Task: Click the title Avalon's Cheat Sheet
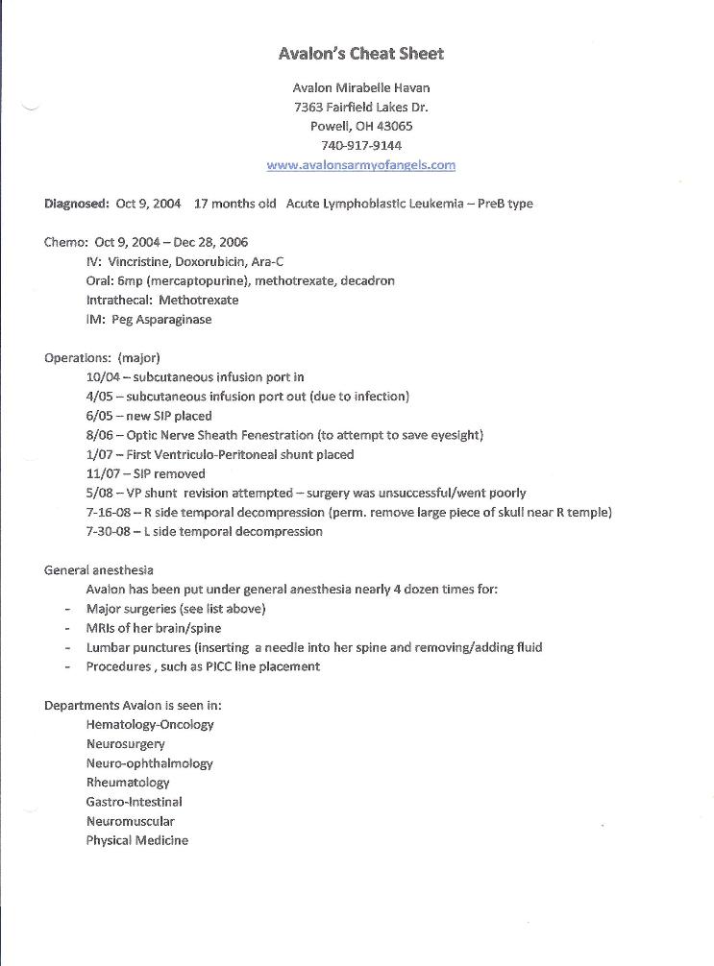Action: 360,54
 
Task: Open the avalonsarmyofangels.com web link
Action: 360,164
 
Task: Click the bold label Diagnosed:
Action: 77,204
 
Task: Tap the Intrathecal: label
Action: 119,301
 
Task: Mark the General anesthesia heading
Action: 100,569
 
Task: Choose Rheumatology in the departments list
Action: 128,783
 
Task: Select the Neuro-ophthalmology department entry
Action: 149,763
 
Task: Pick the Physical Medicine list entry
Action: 136,840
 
